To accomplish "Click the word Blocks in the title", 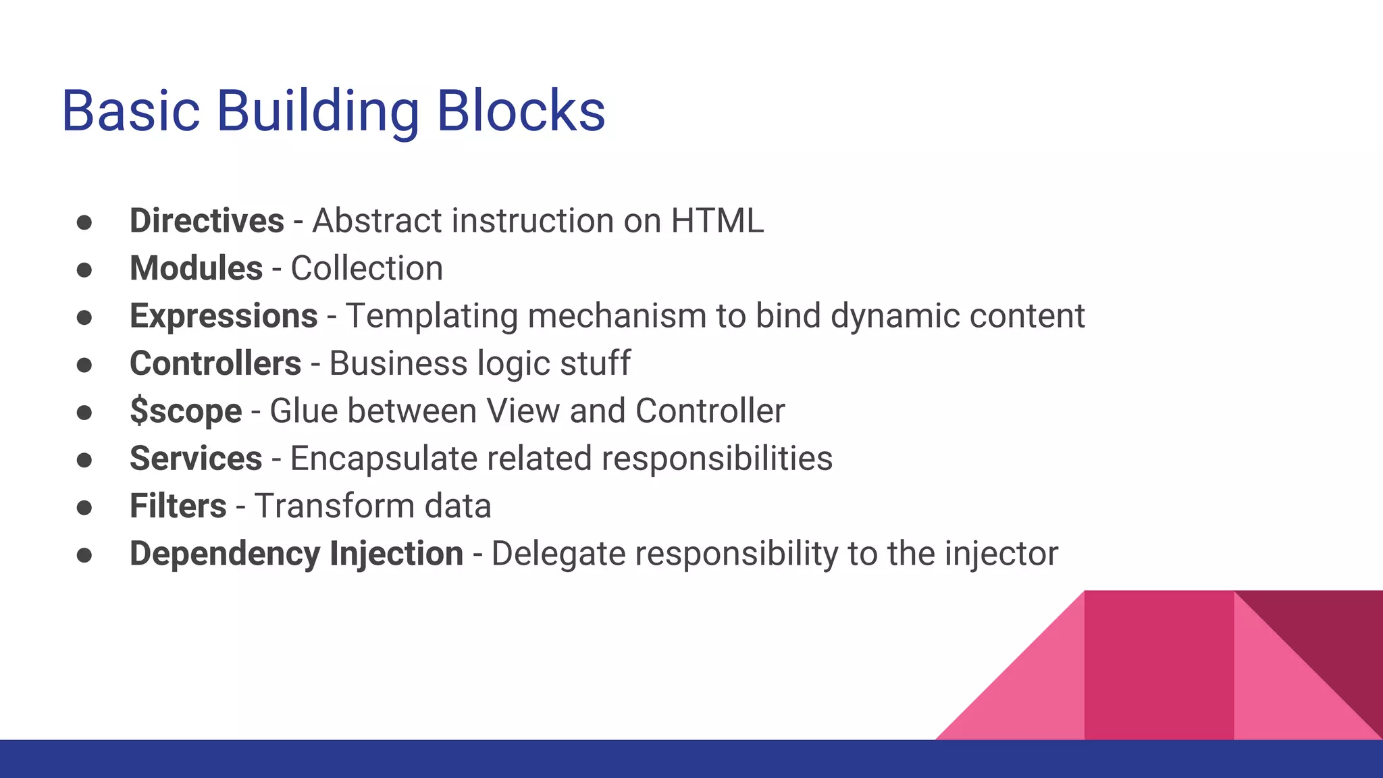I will (521, 111).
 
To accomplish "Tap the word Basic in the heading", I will (131, 111).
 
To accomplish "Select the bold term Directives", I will (207, 221).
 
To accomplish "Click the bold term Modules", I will (196, 268).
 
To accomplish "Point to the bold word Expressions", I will (224, 316).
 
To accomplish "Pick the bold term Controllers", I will (215, 363).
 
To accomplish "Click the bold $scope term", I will (186, 411).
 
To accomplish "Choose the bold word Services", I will (196, 459).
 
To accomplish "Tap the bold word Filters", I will (178, 506).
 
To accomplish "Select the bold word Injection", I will (396, 554).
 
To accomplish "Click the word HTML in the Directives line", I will (717, 221).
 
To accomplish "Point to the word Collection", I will (367, 268).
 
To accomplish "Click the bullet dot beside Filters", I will (84, 507).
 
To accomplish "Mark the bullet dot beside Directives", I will (84, 222).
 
